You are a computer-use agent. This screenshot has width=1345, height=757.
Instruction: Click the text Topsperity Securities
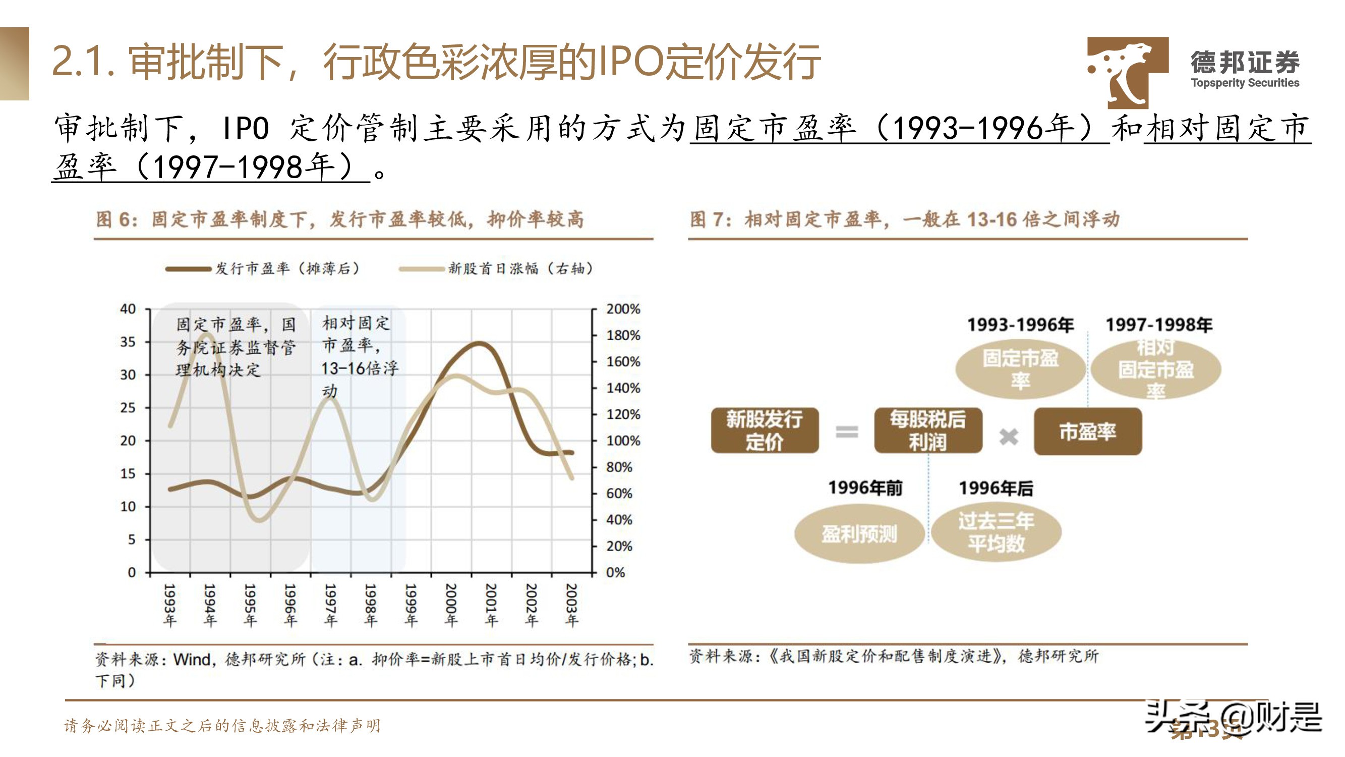(1245, 83)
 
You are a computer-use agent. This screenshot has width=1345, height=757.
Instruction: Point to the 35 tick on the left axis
(128, 342)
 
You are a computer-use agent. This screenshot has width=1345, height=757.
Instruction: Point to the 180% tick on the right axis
(622, 336)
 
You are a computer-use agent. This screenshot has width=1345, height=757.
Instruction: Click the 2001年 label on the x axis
(491, 605)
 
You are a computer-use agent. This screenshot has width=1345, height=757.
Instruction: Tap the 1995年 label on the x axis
(250, 605)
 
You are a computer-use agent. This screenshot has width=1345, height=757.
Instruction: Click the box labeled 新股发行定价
(765, 430)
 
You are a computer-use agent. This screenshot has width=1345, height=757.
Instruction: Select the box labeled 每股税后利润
(928, 430)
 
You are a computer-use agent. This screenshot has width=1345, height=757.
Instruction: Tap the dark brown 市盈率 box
(1088, 431)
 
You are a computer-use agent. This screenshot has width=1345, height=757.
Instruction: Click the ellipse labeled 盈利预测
(859, 534)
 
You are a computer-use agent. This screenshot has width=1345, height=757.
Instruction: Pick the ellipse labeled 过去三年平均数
(996, 532)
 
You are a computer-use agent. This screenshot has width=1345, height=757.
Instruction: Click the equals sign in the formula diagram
(846, 432)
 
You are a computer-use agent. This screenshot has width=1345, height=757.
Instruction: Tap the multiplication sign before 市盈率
(1008, 436)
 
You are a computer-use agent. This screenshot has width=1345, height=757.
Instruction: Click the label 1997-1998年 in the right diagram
(1158, 325)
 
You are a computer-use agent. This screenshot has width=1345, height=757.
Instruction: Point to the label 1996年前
(865, 488)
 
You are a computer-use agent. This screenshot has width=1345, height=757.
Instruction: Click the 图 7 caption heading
(904, 220)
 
